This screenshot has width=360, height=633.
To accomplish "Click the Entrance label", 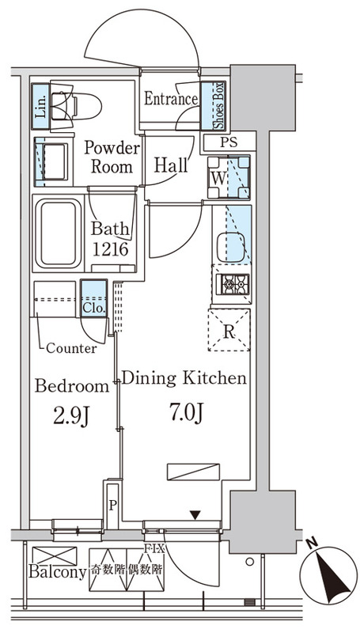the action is point(171,98).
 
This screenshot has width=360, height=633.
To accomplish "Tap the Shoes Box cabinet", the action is point(213,105).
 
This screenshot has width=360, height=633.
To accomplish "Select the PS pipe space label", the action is point(229,142).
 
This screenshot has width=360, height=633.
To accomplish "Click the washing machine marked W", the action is point(229,176).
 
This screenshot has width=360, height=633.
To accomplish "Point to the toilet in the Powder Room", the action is point(76,106).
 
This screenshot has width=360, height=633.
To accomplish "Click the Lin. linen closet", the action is point(40,106).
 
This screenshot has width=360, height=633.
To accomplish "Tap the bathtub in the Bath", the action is point(58,234).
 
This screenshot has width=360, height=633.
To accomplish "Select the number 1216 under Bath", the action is point(111,249).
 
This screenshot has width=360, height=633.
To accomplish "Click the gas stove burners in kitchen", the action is point(232,283).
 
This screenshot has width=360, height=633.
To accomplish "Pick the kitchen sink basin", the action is point(231,247).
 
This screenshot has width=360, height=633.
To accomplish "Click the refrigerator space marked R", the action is point(229,330).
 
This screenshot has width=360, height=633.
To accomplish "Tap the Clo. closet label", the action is point(94,309).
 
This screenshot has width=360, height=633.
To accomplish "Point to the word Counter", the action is point(71,348).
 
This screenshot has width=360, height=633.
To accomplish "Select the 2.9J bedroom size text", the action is point(71,416).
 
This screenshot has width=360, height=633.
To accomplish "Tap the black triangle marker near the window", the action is point(195,516).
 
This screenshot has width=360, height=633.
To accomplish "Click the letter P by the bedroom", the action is point(113,506).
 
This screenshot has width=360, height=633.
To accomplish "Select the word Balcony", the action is point(57,571).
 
